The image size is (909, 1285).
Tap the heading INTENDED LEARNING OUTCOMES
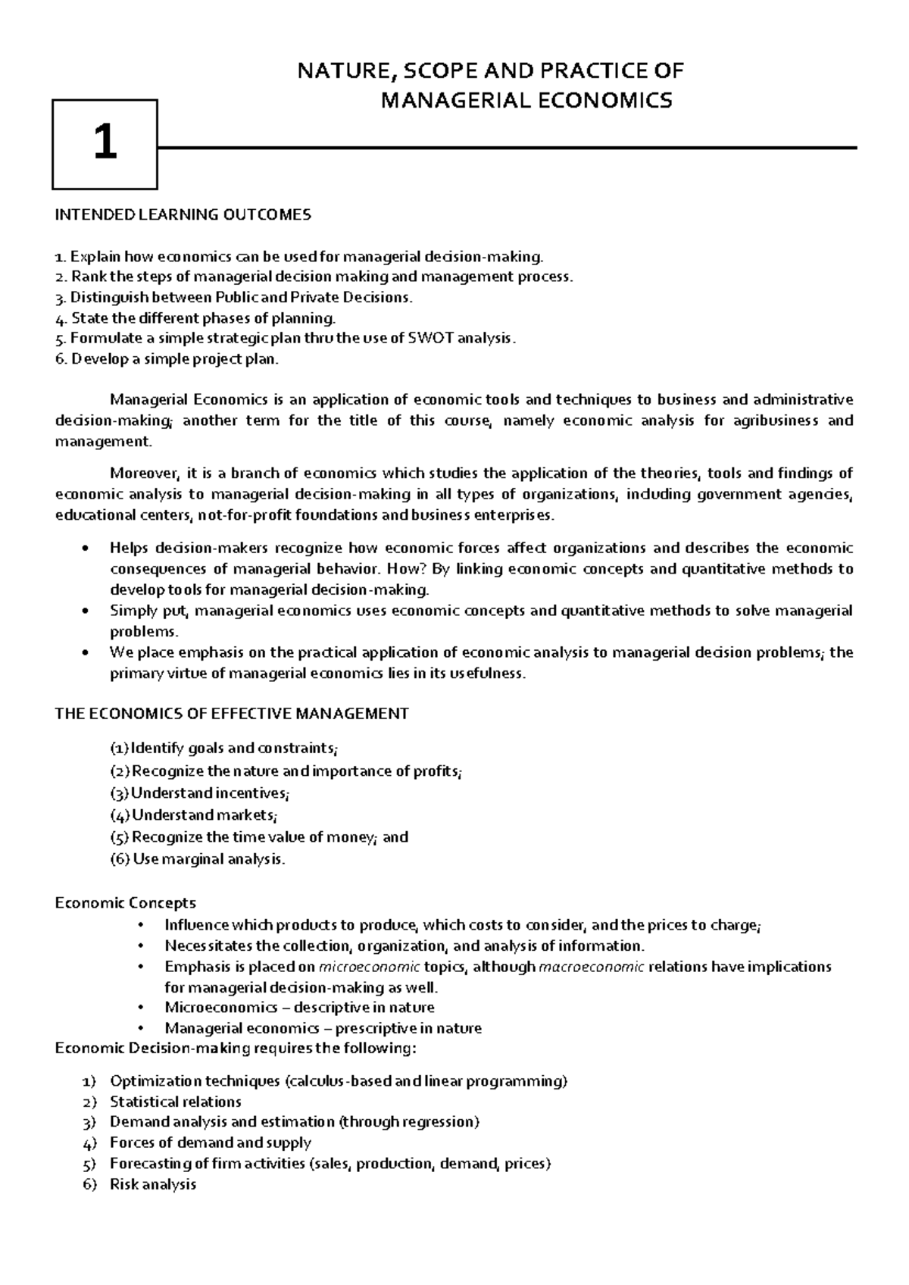click(183, 214)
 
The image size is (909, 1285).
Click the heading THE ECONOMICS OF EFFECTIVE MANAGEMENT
click(232, 713)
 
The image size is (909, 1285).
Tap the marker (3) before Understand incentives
click(120, 793)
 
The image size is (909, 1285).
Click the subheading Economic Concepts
click(126, 902)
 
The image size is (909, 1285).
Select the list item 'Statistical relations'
click(176, 1102)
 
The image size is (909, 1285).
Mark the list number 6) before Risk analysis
click(90, 1184)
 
